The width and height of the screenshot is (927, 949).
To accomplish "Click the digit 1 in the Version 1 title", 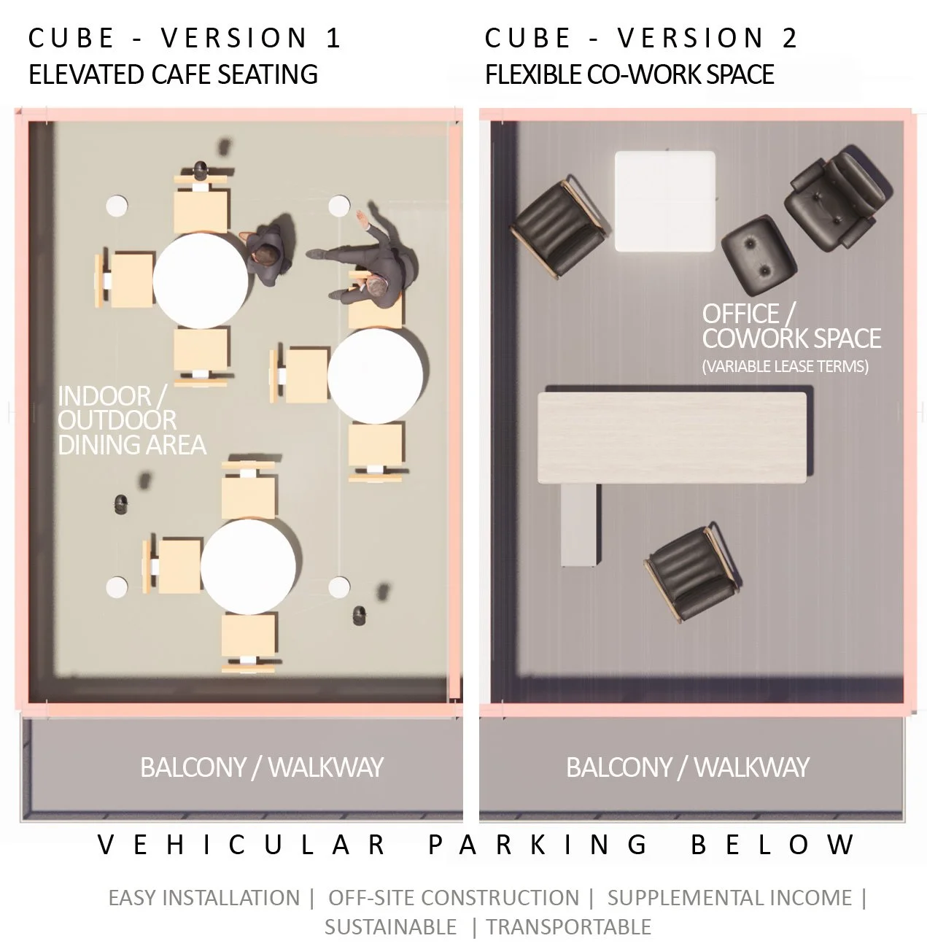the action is [333, 39].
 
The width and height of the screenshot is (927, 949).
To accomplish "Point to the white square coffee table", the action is [664, 201].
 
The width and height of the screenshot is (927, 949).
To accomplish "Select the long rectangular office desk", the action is [672, 438].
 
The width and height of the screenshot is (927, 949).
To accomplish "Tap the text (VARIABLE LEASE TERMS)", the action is [785, 366].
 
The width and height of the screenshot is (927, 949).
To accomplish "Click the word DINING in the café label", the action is [91, 444].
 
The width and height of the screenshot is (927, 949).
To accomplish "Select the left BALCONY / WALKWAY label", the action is [261, 767].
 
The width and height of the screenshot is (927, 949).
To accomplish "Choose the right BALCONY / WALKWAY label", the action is [687, 767].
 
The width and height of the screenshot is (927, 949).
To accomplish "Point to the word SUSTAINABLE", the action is [390, 927].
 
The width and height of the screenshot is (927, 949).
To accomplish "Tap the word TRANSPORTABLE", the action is [568, 927].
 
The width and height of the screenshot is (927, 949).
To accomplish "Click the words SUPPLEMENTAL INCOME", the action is [729, 898].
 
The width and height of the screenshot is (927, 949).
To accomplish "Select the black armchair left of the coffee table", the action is [559, 227].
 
